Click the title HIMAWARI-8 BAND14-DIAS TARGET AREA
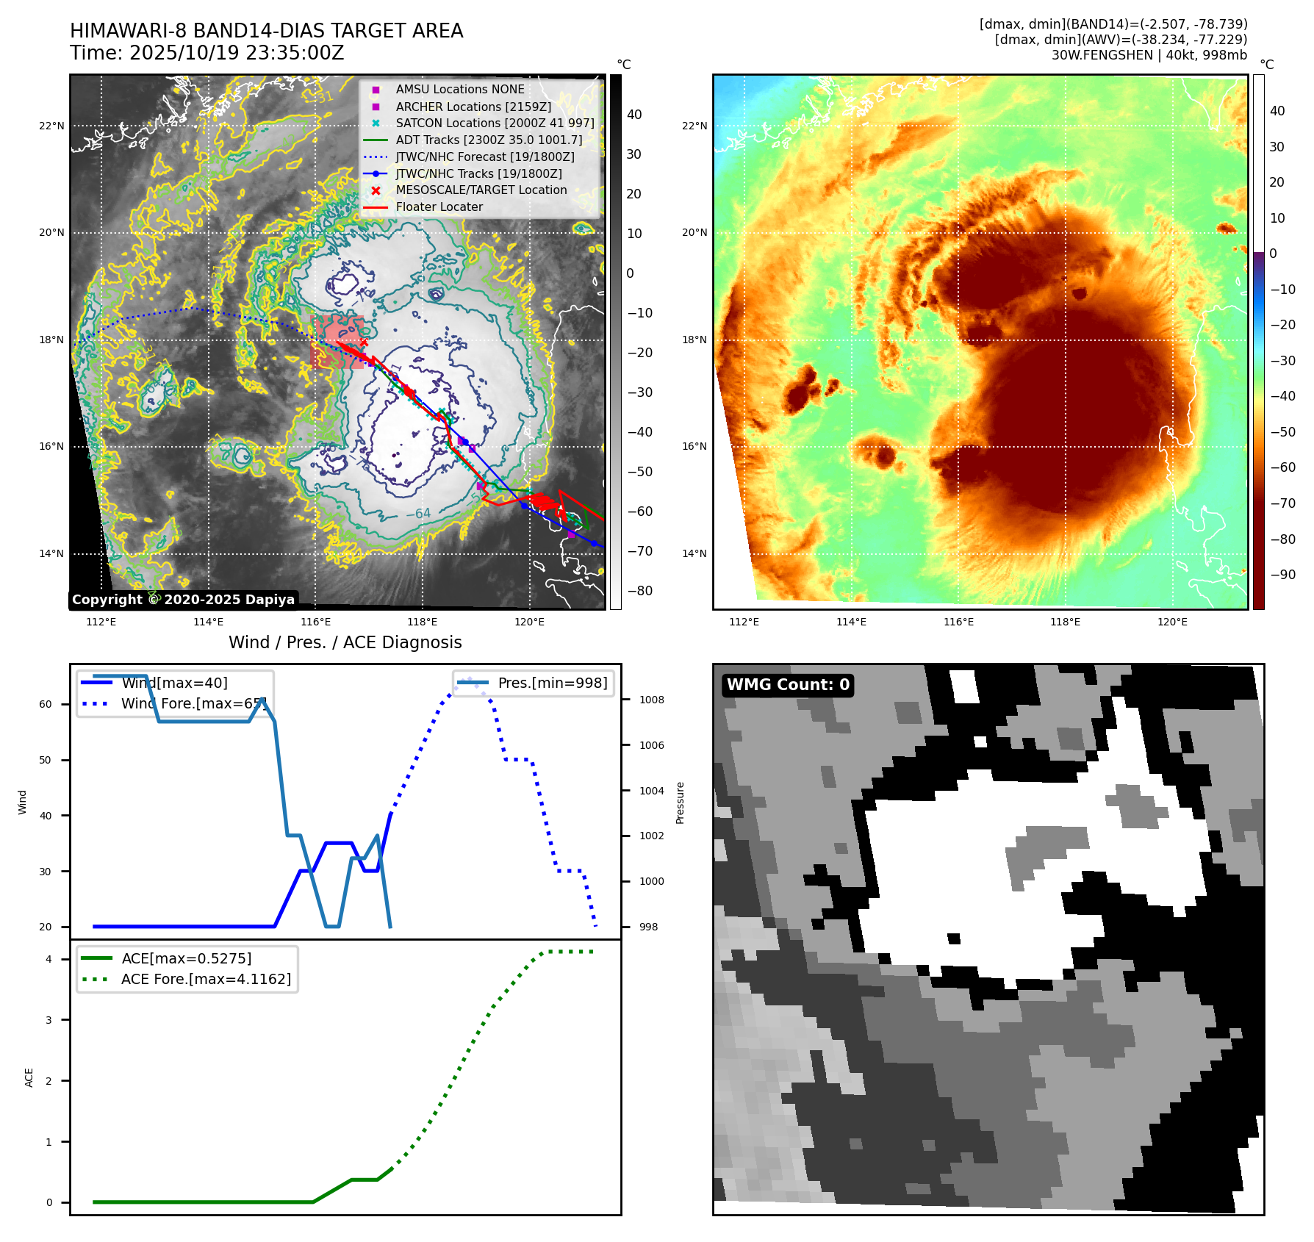pos(266,31)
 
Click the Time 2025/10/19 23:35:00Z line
pos(207,53)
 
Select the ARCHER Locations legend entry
pos(473,107)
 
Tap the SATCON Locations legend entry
pos(495,123)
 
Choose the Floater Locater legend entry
pos(439,207)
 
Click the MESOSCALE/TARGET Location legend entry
pos(481,190)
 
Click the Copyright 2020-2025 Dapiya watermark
pos(183,600)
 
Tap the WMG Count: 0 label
pos(788,685)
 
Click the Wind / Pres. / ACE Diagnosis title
pos(345,642)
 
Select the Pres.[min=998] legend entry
pos(552,683)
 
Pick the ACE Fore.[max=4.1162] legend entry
pos(206,979)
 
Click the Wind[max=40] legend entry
pos(174,683)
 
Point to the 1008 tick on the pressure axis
pos(651,700)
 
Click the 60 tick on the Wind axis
pos(46,704)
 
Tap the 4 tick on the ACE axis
pos(49,959)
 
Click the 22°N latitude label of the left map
pos(51,126)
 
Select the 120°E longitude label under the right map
pos(1172,622)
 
